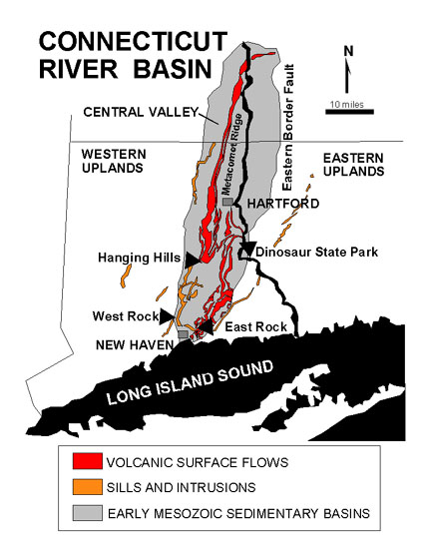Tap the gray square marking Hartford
(228, 202)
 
